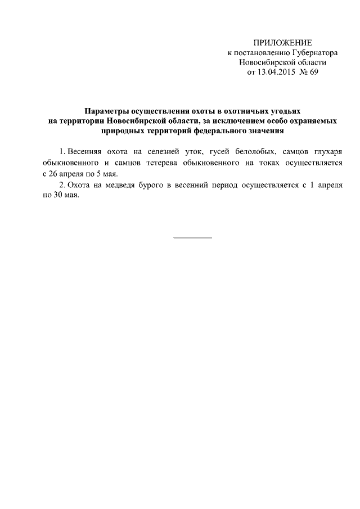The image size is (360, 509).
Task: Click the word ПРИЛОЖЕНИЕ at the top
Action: [x=282, y=43]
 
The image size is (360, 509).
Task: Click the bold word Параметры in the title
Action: [x=105, y=112]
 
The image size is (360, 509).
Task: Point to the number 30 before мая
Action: [x=60, y=194]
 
